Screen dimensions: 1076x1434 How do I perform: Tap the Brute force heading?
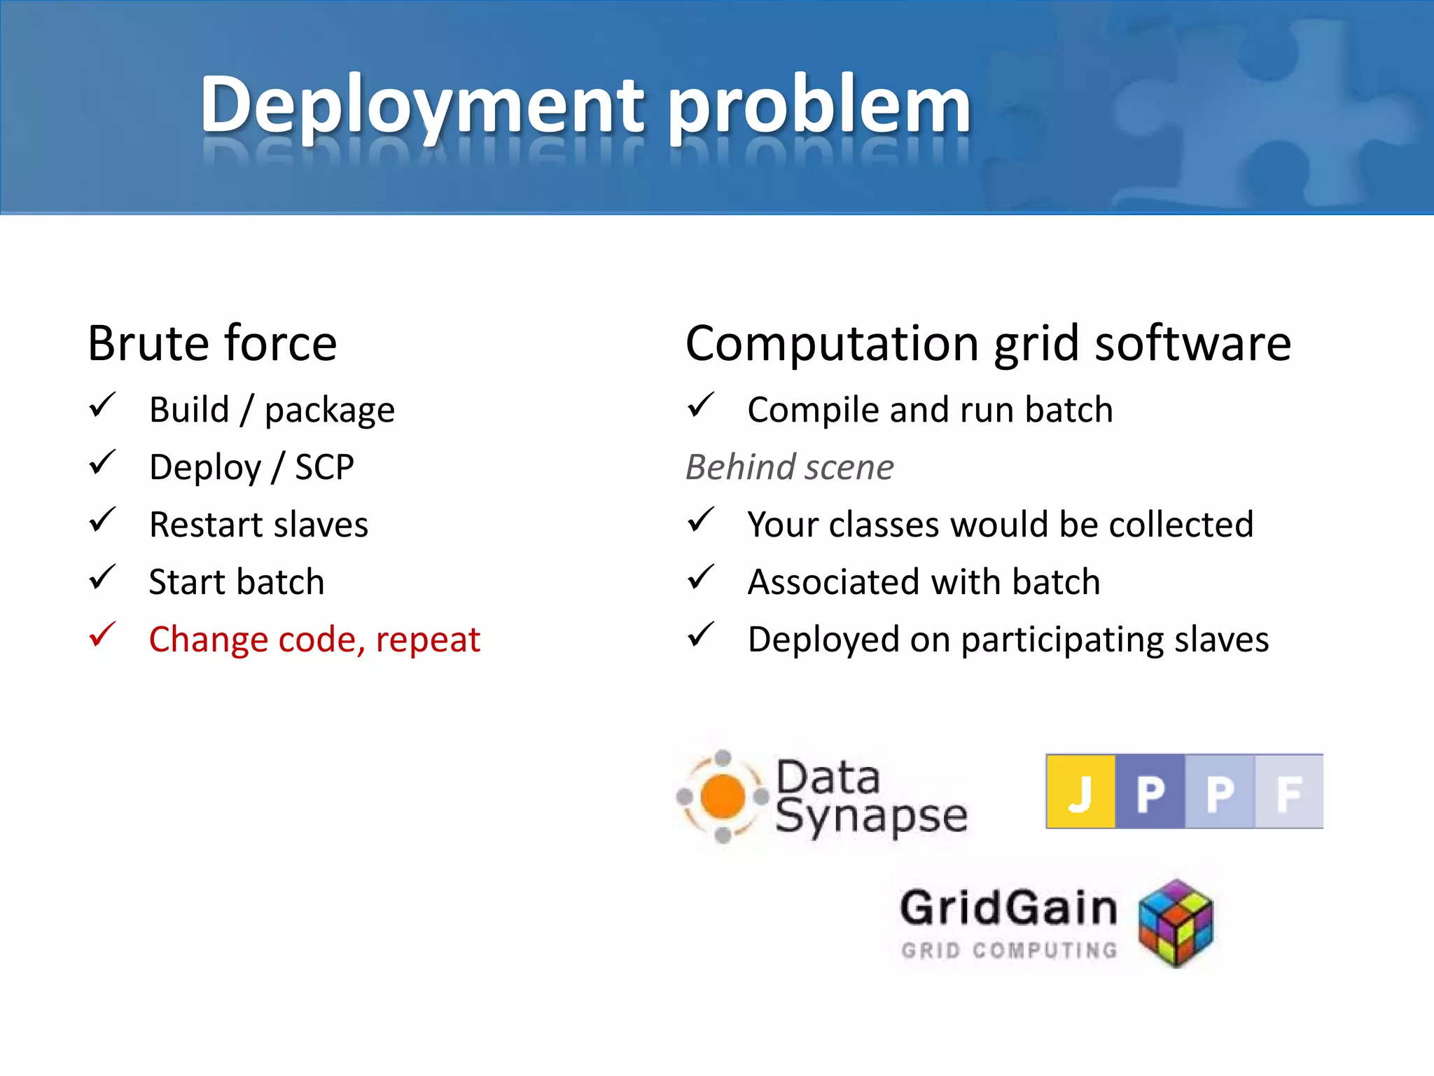pyautogui.click(x=212, y=343)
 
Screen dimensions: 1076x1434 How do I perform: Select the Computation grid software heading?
pyautogui.click(x=988, y=343)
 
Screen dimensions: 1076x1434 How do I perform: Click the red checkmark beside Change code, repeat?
pyautogui.click(x=102, y=635)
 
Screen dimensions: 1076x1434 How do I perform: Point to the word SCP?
pyautogui.click(x=324, y=467)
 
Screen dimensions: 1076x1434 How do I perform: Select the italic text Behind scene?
pyautogui.click(x=789, y=467)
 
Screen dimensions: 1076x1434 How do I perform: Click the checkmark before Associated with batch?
pyautogui.click(x=700, y=578)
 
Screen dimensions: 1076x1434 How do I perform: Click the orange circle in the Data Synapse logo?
pyautogui.click(x=722, y=796)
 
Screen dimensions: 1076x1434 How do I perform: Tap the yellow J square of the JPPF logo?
pyautogui.click(x=1080, y=792)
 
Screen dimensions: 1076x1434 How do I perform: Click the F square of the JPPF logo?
pyautogui.click(x=1288, y=792)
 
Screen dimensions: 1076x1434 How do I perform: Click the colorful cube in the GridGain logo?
pyautogui.click(x=1176, y=923)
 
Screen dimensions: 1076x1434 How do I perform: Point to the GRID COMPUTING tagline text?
pyautogui.click(x=1009, y=951)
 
